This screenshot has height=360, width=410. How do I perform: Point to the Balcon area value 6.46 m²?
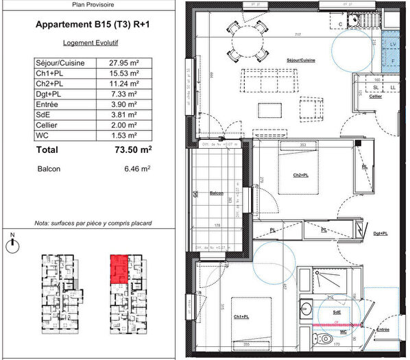tap(135, 167)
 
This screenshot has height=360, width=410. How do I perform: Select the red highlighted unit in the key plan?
tap(119, 268)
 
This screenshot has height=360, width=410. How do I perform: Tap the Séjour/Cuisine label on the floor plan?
tap(301, 60)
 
